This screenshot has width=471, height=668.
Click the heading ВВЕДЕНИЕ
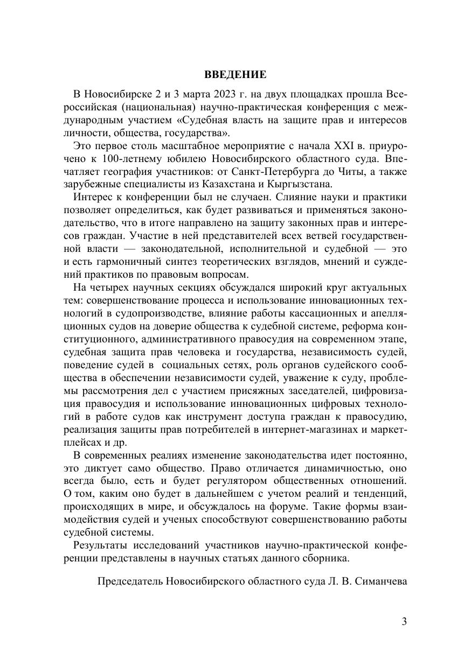(x=235, y=74)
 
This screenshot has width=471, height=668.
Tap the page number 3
(x=405, y=622)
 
